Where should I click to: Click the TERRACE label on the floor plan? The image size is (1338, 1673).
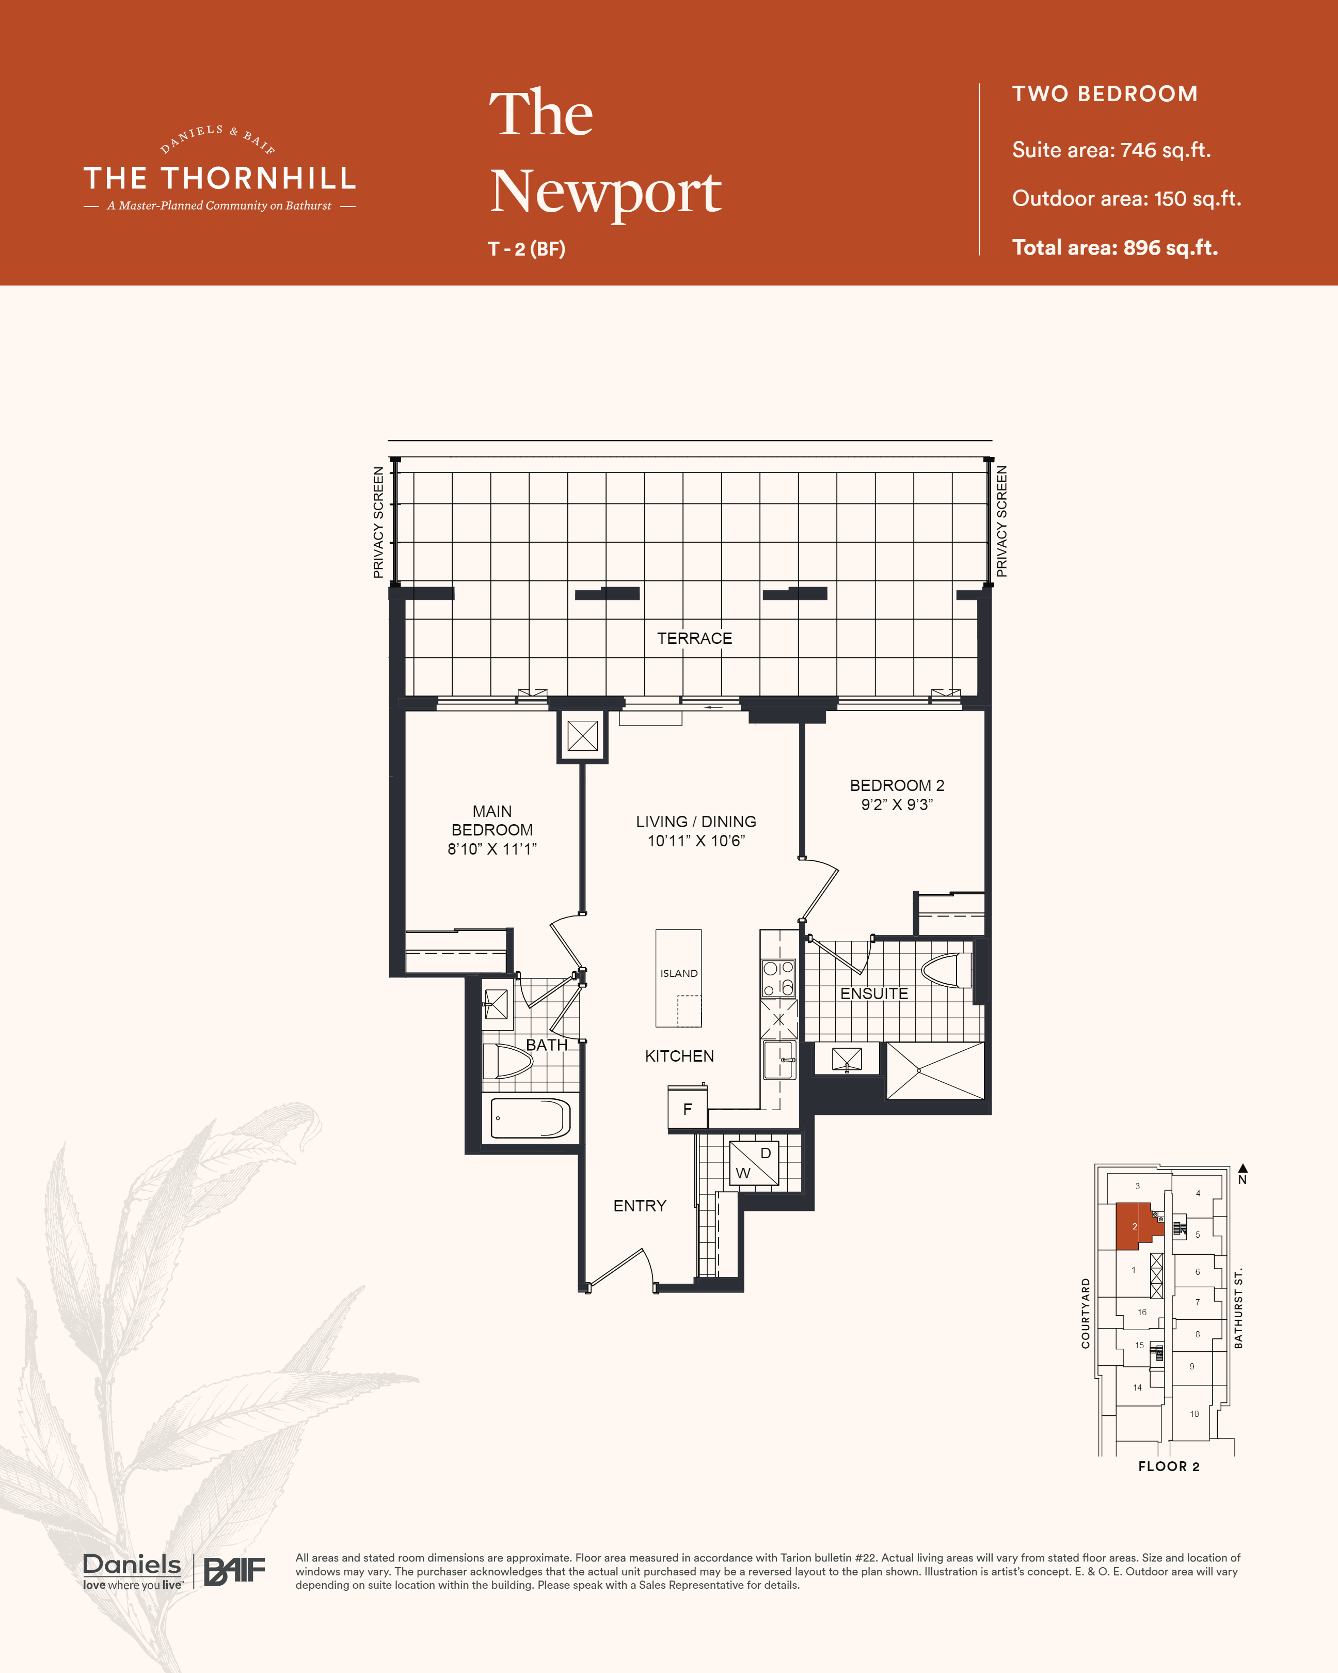coord(694,638)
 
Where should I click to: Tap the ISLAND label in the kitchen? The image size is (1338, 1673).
coord(679,973)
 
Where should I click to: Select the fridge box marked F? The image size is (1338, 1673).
coord(687,1108)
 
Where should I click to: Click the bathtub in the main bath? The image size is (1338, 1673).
coord(531,1117)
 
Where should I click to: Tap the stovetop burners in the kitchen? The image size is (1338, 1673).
coord(778,978)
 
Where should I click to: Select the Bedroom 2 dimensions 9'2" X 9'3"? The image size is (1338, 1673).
coord(897,804)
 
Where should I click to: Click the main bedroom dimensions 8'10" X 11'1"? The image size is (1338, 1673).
coord(492,849)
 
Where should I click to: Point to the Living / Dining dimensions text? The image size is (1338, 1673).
coord(696,841)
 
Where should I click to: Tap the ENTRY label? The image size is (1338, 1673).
coord(640,1205)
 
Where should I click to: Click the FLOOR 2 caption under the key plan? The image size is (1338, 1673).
coord(1168,1466)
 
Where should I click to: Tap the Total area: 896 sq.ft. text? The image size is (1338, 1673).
coord(1114,247)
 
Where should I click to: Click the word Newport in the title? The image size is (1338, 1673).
coord(606,193)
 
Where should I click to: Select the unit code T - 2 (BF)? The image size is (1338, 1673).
coord(527,249)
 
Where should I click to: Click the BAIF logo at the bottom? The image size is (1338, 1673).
coord(234,1571)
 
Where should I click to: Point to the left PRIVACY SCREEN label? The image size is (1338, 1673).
coord(378,522)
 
